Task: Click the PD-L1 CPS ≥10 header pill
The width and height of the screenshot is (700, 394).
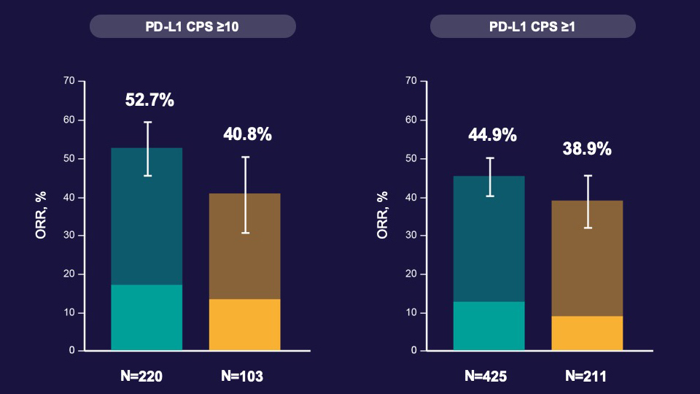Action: [x=192, y=27]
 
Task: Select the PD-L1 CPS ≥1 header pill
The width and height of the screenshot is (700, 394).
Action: [x=532, y=27]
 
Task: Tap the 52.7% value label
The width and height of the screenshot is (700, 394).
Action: [x=149, y=101]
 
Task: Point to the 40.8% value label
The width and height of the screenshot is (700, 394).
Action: [x=246, y=134]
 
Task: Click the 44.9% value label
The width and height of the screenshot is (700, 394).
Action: [x=489, y=135]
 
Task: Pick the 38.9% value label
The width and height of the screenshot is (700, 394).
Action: [x=587, y=149]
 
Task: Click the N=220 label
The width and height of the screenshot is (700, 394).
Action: [x=141, y=376]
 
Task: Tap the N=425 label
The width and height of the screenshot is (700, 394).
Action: [x=486, y=376]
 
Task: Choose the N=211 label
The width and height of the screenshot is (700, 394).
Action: [x=586, y=376]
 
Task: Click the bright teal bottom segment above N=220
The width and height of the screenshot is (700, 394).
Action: [x=147, y=317]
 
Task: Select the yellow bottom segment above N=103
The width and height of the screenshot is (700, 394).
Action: [x=244, y=325]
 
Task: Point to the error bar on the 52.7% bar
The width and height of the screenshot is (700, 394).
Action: [x=147, y=149]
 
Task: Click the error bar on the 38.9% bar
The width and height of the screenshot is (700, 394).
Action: [x=587, y=201]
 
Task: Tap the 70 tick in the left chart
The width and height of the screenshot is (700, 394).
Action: [x=69, y=81]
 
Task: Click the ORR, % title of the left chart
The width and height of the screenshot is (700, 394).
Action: [x=42, y=216]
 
